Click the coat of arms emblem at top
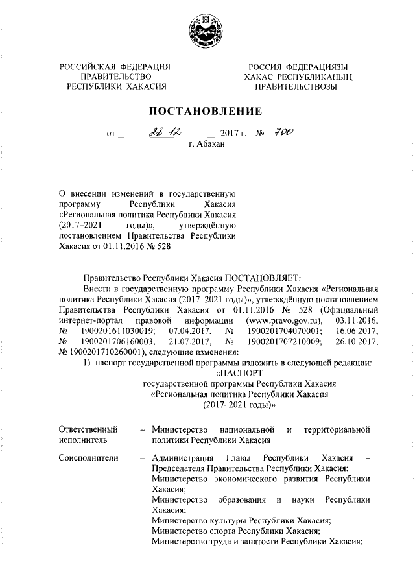click(207, 29)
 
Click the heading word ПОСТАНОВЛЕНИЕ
click(207, 111)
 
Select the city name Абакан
click(207, 143)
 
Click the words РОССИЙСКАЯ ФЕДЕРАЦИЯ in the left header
click(115, 67)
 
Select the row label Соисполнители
click(88, 458)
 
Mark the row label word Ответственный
click(88, 429)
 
